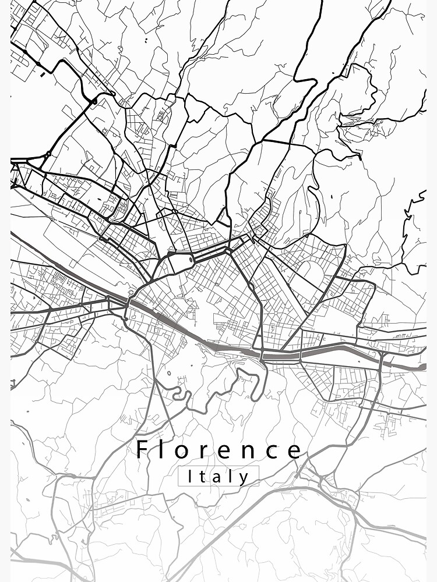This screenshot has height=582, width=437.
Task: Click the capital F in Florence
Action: [x=142, y=450]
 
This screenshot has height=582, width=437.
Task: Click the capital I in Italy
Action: [x=190, y=477]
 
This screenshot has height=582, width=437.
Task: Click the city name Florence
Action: [x=219, y=450]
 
